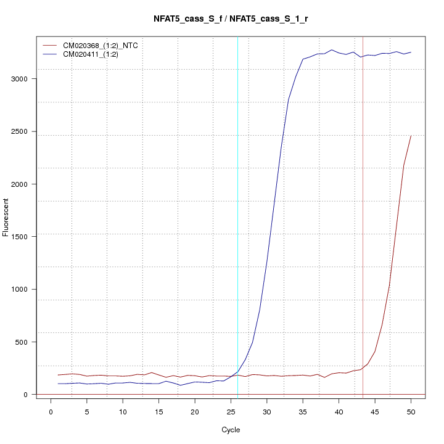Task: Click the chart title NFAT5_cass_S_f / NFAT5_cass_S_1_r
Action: [231, 18]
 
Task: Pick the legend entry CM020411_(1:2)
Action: [91, 54]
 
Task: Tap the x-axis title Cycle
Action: [231, 430]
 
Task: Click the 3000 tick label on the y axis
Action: [20, 79]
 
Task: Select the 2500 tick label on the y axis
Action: [20, 131]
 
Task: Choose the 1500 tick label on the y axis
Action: [20, 237]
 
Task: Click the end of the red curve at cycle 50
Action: [411, 136]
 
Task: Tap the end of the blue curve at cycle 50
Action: [411, 52]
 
